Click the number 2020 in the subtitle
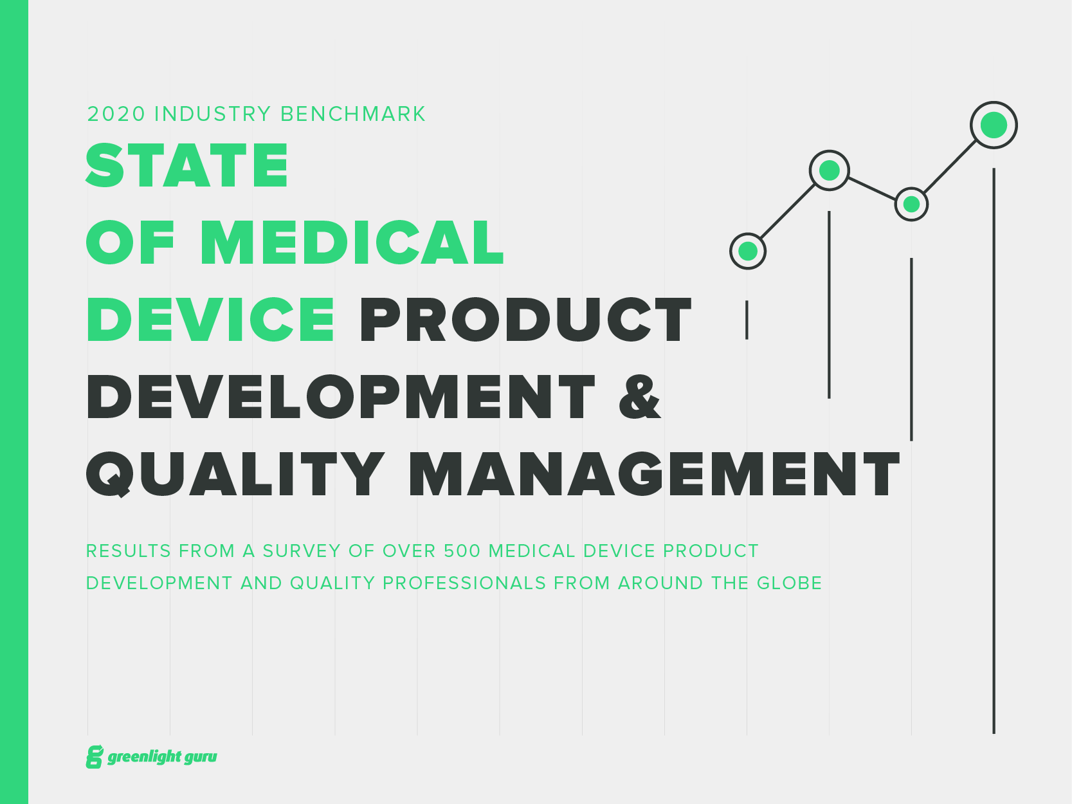pos(116,114)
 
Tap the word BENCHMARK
pos(353,114)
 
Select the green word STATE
pos(187,166)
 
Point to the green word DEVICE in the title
pos(211,320)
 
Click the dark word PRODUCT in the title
pos(525,320)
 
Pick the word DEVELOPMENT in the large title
pos(341,397)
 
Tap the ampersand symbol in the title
pos(639,397)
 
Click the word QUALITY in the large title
pos(235,475)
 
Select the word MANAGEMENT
pos(654,475)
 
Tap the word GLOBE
pos(789,583)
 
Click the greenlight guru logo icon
pos(95,757)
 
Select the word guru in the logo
pos(200,757)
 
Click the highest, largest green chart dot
pos(994,125)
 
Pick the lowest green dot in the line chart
pos(748,251)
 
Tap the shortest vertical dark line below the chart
pos(747,320)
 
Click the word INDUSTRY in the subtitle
pos(212,114)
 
